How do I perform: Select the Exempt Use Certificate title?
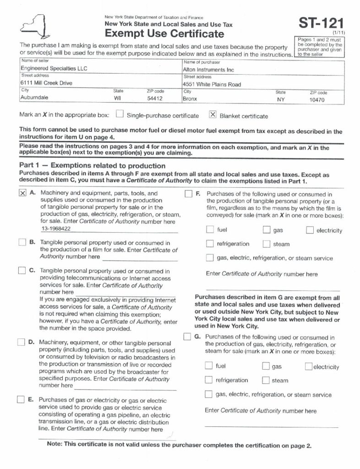tap(164, 34)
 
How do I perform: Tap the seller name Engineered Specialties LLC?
tap(54, 68)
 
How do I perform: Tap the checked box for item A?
tap(23, 194)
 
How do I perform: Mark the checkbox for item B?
tap(22, 242)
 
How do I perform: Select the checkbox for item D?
tap(21, 342)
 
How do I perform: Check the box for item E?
tap(21, 399)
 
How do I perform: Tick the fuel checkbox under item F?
tap(210, 230)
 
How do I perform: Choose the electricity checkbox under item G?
tap(308, 366)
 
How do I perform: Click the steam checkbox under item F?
tap(267, 244)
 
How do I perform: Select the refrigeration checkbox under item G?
tap(209, 380)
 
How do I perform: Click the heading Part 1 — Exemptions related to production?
tap(92, 166)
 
